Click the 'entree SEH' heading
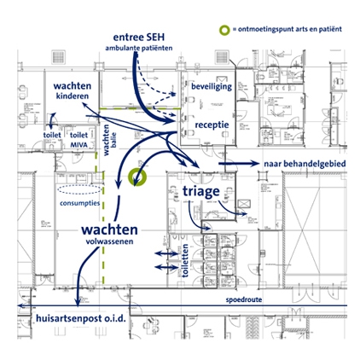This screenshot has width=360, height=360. (x=139, y=38)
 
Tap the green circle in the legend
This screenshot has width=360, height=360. (x=224, y=30)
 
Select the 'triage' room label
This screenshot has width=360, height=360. (x=201, y=191)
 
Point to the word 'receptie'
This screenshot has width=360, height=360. (x=212, y=125)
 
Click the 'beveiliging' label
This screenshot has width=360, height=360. (x=212, y=86)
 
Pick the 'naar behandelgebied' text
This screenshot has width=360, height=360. (x=305, y=164)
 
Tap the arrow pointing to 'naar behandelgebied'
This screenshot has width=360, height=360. (x=239, y=164)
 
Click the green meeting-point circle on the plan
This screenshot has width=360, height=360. (x=137, y=177)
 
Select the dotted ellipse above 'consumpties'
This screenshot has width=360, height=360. (x=79, y=189)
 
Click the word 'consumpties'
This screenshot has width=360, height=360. (x=80, y=203)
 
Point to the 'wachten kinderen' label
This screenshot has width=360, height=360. (x=73, y=90)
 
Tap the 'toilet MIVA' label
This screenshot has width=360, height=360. (x=78, y=140)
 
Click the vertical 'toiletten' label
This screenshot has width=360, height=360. (x=185, y=260)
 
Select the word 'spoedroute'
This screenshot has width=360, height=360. (x=244, y=299)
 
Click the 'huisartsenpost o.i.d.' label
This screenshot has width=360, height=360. (x=81, y=318)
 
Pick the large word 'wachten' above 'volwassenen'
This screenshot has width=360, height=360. (x=109, y=229)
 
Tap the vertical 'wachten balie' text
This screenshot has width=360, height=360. (x=110, y=140)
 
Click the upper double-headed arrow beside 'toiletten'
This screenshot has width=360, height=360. (x=166, y=253)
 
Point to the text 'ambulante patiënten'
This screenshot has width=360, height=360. (x=139, y=48)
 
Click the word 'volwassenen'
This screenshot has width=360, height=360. (x=109, y=241)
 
